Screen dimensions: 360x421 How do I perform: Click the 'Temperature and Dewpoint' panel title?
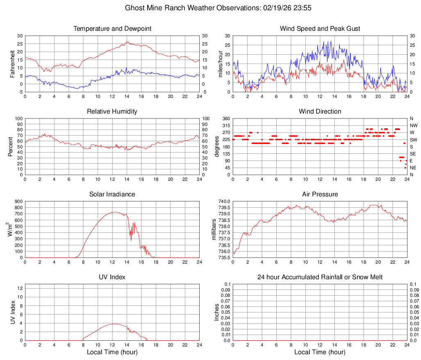click(x=112, y=29)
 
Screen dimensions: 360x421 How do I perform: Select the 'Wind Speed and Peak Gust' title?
click(x=320, y=29)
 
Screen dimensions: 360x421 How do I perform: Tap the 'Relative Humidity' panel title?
click(x=112, y=112)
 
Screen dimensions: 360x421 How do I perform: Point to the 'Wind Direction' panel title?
click(x=320, y=112)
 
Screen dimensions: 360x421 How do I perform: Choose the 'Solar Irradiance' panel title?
click(x=112, y=194)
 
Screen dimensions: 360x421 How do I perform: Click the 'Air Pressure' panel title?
click(x=320, y=194)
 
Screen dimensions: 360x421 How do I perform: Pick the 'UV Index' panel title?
click(x=112, y=277)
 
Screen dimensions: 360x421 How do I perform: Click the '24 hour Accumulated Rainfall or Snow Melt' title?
click(x=320, y=277)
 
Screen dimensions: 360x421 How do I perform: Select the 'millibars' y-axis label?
click(x=214, y=230)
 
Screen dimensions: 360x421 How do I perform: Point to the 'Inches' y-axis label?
click(x=217, y=312)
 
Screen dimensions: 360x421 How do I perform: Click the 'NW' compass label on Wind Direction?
click(x=414, y=125)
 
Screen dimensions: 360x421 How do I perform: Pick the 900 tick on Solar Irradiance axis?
click(x=18, y=202)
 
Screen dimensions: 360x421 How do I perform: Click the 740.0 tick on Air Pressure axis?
click(x=224, y=202)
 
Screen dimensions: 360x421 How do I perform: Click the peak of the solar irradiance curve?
click(x=114, y=212)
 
